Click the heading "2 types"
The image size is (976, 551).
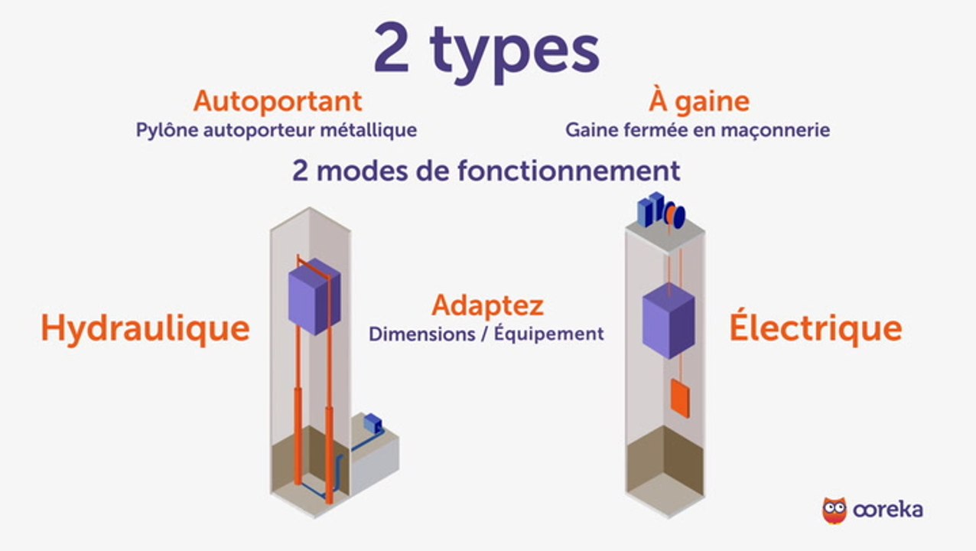pyautogui.click(x=486, y=52)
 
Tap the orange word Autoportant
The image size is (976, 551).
pyautogui.click(x=278, y=102)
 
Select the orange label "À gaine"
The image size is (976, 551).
pyautogui.click(x=699, y=101)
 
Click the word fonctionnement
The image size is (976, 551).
pyautogui.click(x=568, y=171)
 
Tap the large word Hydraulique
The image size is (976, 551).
pyautogui.click(x=145, y=328)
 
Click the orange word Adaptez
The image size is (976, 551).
pyautogui.click(x=487, y=306)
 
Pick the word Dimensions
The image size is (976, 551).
pyautogui.click(x=422, y=334)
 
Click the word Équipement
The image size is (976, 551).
pyautogui.click(x=549, y=334)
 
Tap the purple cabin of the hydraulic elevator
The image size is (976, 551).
pyautogui.click(x=314, y=297)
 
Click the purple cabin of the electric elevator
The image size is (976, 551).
pyautogui.click(x=669, y=321)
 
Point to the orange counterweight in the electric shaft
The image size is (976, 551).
pyautogui.click(x=680, y=398)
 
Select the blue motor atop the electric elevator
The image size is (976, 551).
pyautogui.click(x=661, y=210)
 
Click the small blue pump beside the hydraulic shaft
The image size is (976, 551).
pyautogui.click(x=373, y=422)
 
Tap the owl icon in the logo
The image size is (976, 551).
pyautogui.click(x=834, y=510)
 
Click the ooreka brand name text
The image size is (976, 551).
pyautogui.click(x=887, y=510)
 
